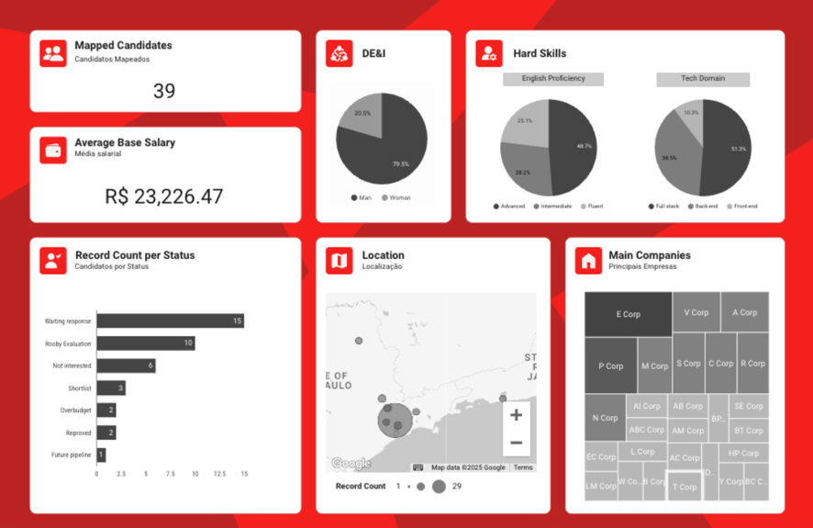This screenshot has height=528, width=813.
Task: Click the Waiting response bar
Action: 170,320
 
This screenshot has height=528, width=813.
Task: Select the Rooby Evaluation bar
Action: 145,343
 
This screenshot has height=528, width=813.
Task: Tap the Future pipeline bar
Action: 101,455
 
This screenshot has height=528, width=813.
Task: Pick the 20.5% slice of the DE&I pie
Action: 362,114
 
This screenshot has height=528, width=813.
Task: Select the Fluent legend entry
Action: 592,207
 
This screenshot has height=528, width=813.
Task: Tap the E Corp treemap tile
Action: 629,314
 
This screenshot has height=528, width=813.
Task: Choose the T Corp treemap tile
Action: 684,487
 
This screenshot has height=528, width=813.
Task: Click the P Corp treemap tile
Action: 610,365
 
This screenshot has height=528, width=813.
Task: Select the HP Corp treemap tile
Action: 743,454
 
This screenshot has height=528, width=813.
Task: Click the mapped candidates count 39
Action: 164,91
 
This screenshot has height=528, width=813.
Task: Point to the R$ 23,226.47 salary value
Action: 164,196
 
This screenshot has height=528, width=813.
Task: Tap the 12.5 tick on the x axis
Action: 220,474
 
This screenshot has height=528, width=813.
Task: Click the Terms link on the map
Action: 523,467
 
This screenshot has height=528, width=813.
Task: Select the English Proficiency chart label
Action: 553,79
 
